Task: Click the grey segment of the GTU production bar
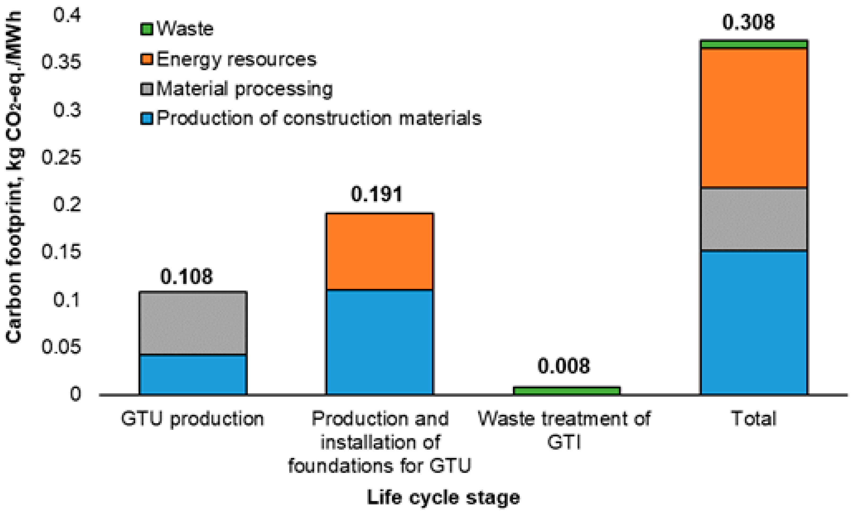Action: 193,323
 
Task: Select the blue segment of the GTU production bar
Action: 193,375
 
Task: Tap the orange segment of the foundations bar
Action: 380,251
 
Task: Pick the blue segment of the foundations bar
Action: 380,342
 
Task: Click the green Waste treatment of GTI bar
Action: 567,391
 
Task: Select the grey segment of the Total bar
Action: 754,219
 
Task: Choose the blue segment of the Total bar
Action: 754,322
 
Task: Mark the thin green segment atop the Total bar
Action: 754,44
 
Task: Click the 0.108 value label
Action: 187,277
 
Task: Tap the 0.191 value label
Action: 377,194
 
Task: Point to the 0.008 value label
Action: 564,366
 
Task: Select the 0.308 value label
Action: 749,23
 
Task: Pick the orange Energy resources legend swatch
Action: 146,59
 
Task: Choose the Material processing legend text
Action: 244,89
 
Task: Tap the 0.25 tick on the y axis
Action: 61,157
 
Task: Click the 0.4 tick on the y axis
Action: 67,16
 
